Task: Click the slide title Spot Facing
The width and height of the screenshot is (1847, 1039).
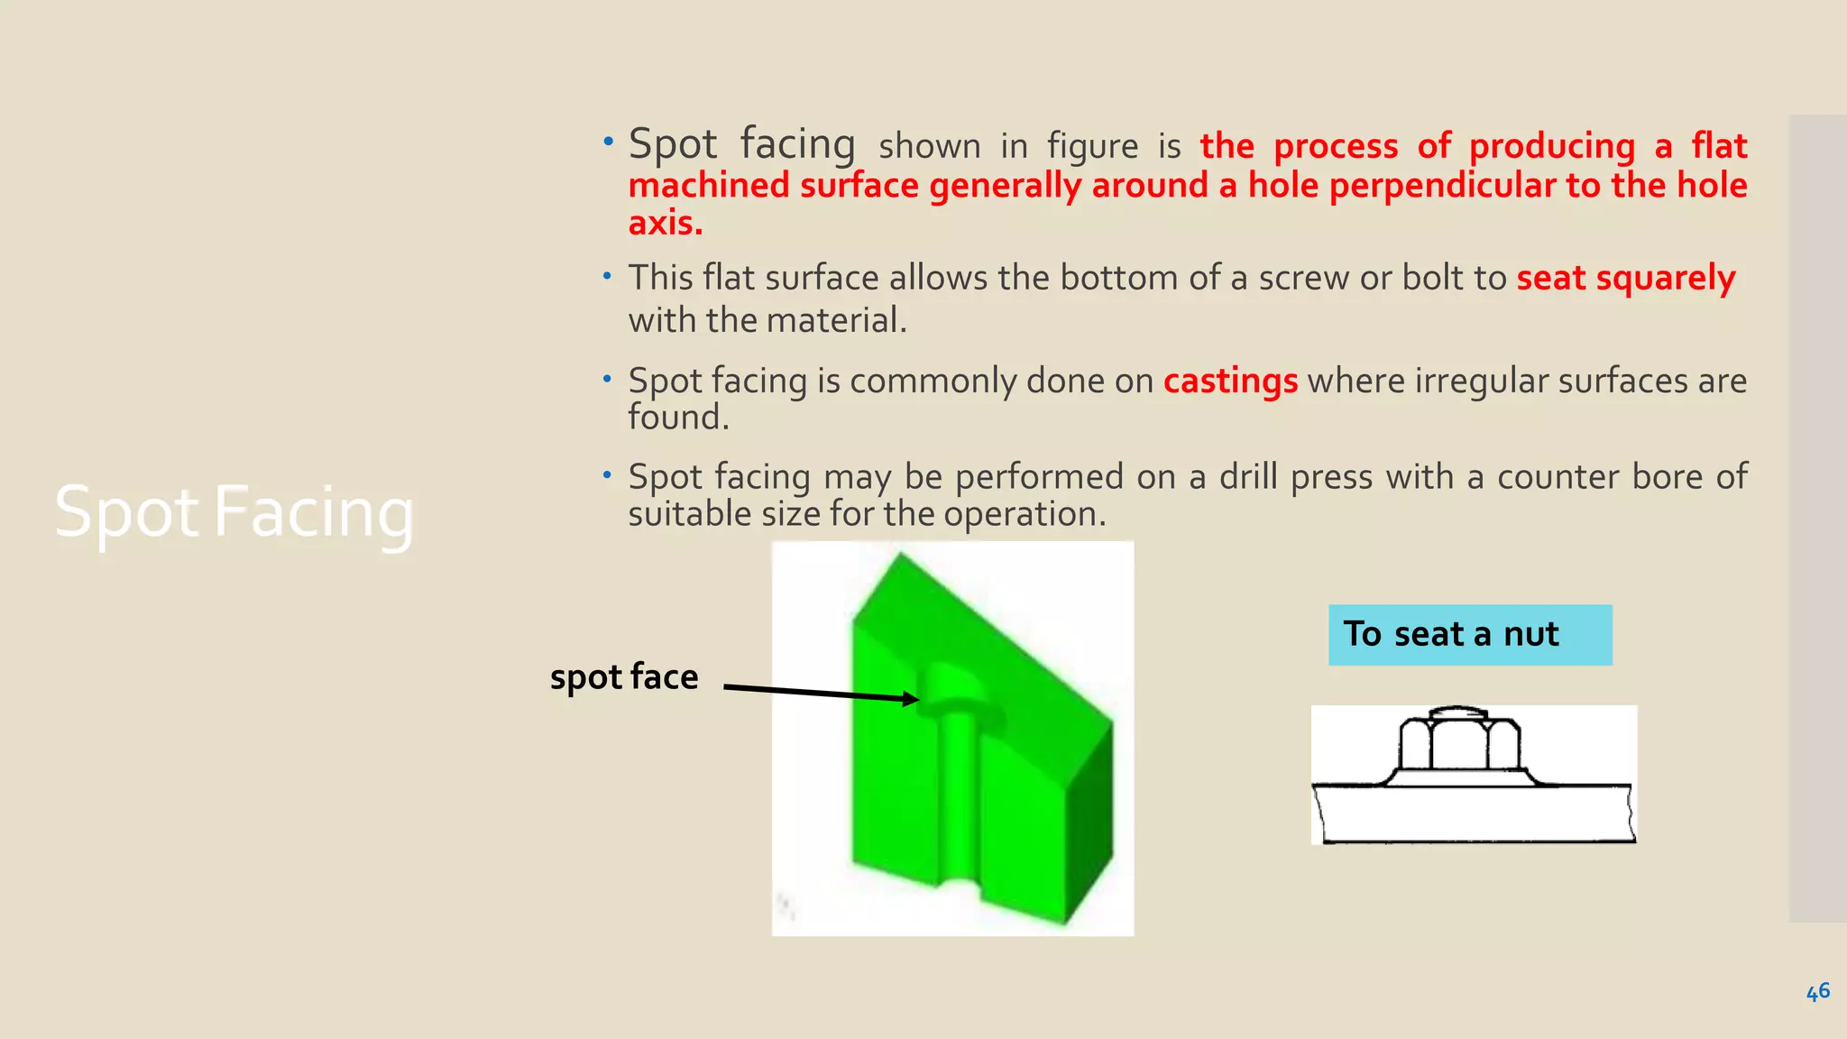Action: (234, 512)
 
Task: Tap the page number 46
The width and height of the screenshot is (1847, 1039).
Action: (1817, 992)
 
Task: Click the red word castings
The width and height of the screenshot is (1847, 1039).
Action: (1230, 381)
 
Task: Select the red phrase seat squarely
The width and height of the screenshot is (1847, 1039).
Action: (1625, 278)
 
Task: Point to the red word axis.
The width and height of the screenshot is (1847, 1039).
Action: (665, 223)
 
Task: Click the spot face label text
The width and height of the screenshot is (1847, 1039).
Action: (624, 676)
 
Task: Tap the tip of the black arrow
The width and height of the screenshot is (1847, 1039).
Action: (917, 699)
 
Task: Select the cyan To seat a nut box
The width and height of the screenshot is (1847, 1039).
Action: (1469, 635)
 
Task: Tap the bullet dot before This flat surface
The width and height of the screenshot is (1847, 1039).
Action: (608, 275)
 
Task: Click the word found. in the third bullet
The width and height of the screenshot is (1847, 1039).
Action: (678, 418)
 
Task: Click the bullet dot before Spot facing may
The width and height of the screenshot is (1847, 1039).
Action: (608, 474)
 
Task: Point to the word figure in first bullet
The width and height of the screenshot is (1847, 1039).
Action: (1092, 146)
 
